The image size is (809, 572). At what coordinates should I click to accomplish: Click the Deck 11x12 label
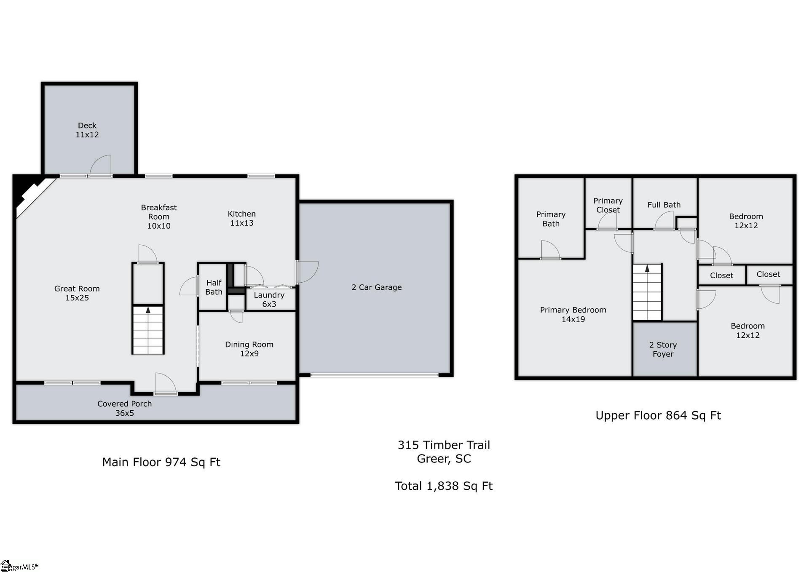click(87, 130)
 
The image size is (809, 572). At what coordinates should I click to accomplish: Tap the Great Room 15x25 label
click(77, 293)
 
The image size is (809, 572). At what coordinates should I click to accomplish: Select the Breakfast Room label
click(159, 217)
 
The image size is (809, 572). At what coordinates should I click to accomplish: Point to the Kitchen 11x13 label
click(242, 218)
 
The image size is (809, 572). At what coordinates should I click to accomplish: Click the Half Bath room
click(214, 287)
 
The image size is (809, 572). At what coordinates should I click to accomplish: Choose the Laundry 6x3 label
click(269, 299)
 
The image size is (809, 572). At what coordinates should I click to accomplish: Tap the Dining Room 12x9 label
click(249, 349)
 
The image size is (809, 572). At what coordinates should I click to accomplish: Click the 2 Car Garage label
click(376, 287)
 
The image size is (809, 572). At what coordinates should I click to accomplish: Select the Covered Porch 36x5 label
click(124, 408)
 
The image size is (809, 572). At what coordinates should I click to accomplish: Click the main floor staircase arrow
click(148, 310)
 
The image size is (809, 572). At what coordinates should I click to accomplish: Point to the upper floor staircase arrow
click(647, 268)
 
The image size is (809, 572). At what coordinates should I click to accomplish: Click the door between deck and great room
click(101, 166)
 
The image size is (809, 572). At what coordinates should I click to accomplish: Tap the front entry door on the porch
click(165, 384)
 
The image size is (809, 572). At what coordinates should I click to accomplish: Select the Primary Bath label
click(551, 219)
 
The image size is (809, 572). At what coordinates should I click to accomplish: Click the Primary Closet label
click(608, 205)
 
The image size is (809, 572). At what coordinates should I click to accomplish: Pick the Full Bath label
click(664, 205)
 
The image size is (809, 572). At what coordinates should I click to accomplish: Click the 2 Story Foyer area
click(663, 349)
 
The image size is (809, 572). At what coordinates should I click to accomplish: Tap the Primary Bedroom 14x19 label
click(573, 314)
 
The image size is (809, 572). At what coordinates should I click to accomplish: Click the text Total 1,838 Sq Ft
click(444, 486)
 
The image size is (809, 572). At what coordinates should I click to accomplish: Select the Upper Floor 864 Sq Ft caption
click(658, 415)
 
